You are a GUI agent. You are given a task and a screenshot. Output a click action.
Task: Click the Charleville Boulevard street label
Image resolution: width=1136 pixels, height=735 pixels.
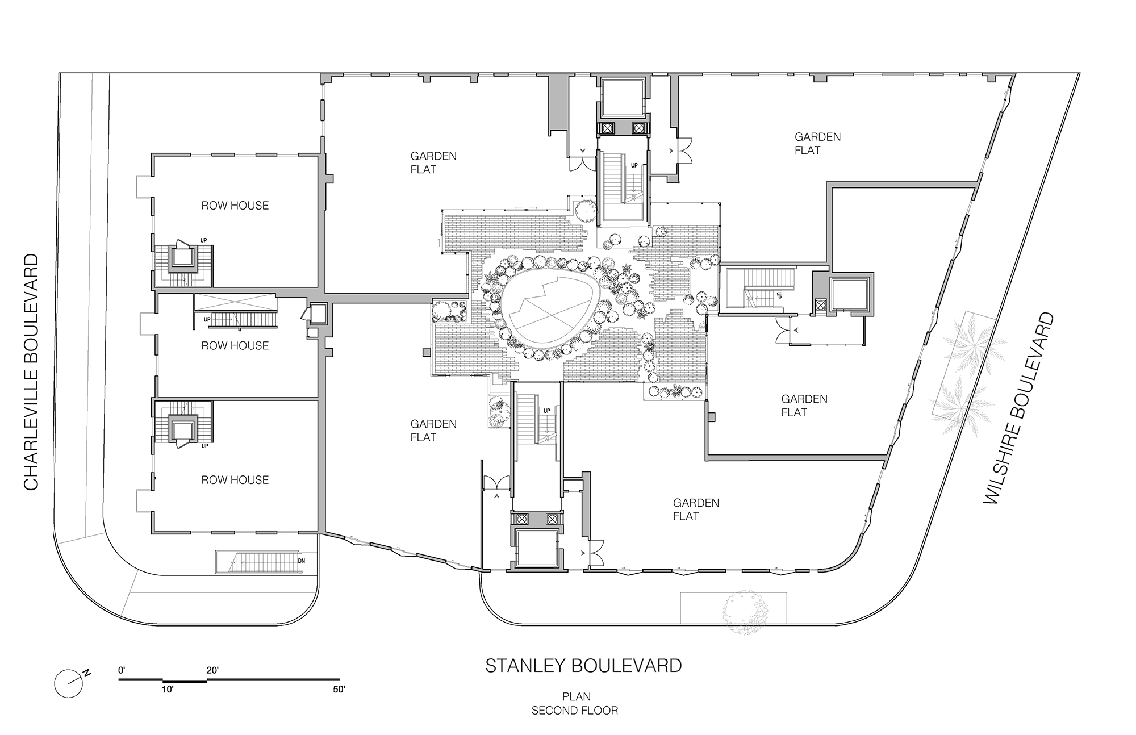pyautogui.click(x=31, y=371)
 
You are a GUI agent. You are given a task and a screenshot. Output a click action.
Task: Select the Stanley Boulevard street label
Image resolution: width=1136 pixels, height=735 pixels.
pyautogui.click(x=583, y=666)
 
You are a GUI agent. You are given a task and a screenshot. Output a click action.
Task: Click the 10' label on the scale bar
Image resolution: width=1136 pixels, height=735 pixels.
pyautogui.click(x=167, y=690)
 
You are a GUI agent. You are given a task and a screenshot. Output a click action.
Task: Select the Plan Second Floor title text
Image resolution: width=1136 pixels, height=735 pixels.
pyautogui.click(x=575, y=703)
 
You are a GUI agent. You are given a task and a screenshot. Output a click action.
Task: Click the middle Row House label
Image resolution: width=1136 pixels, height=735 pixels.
pyautogui.click(x=235, y=345)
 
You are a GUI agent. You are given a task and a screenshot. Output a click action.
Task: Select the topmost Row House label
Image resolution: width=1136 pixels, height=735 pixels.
pyautogui.click(x=235, y=206)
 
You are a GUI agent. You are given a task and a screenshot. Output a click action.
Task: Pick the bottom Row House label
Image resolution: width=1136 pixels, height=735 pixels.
pyautogui.click(x=235, y=480)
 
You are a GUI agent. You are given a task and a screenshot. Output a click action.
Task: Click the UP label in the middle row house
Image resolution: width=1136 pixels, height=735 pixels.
pyautogui.click(x=207, y=320)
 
